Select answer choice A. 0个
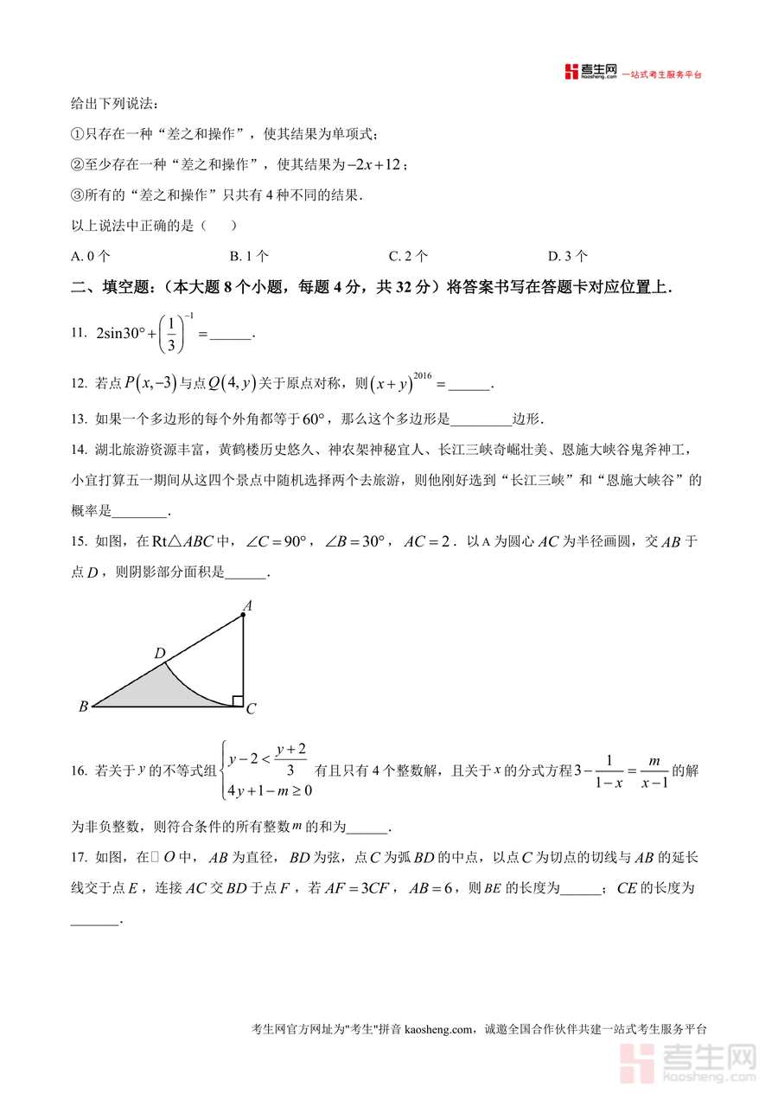coord(91,256)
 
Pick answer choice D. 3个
coord(568,256)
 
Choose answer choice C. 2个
coord(408,256)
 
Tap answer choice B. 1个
coord(249,256)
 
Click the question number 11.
coord(79,333)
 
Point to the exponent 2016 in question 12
coord(422,375)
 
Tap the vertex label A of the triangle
coord(246,606)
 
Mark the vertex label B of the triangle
coord(83,707)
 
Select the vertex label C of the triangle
coord(251,710)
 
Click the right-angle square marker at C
coord(238,700)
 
